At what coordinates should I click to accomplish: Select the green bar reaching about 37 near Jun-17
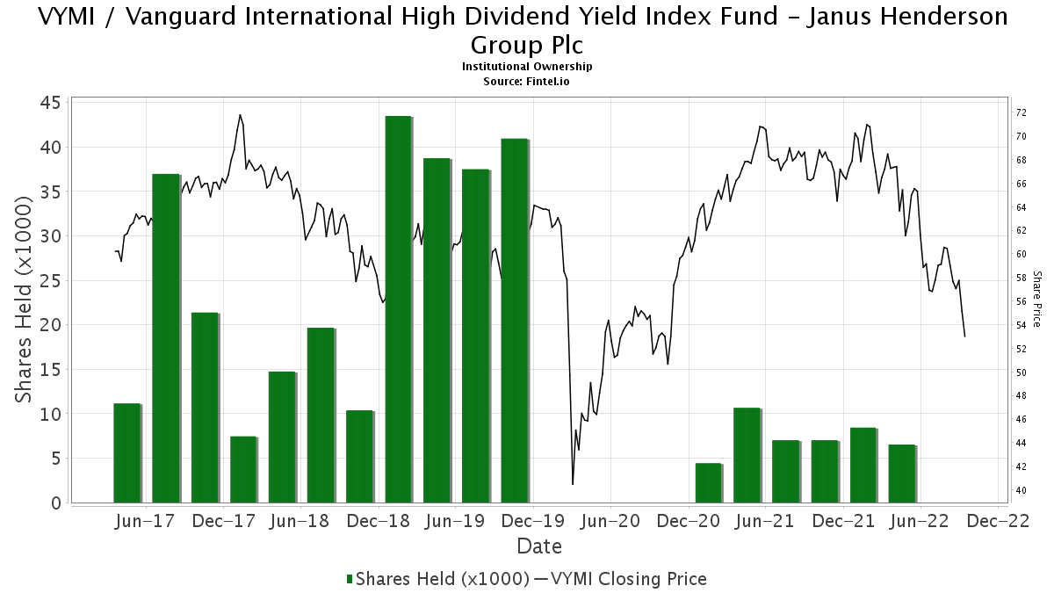[x=165, y=338]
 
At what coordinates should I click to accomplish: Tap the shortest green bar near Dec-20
[x=708, y=482]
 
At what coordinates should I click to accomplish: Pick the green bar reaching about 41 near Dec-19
[x=514, y=321]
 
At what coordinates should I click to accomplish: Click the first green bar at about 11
[x=126, y=452]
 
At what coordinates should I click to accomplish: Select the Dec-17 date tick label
[x=223, y=521]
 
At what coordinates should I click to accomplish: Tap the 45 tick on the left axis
[x=49, y=103]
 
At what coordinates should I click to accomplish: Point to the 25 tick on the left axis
[x=49, y=281]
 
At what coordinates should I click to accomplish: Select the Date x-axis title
[x=539, y=546]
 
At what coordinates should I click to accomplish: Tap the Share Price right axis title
[x=1036, y=299]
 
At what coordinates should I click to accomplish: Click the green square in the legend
[x=350, y=579]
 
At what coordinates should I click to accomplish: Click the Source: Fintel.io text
[x=527, y=82]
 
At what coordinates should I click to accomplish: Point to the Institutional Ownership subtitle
[x=527, y=67]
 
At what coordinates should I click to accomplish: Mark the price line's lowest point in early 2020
[x=573, y=484]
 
